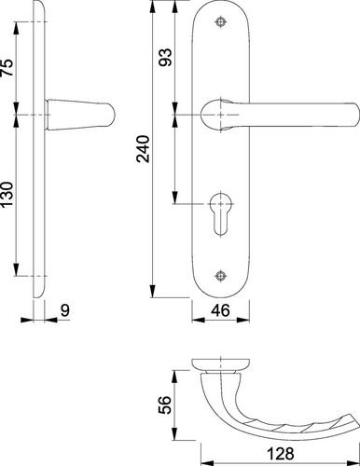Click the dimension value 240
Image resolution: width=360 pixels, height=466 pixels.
[x=144, y=149]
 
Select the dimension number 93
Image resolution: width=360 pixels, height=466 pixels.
[x=165, y=57]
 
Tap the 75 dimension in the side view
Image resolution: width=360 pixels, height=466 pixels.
[x=7, y=68]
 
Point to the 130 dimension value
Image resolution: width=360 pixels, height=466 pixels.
[x=7, y=195]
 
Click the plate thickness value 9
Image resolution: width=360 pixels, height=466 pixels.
[x=65, y=310]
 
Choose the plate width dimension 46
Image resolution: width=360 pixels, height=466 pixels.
[x=220, y=310]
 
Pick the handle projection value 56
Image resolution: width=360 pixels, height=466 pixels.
[x=165, y=404]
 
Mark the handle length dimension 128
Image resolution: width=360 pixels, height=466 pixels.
[x=281, y=454]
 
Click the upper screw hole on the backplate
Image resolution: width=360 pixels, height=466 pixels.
[x=220, y=21]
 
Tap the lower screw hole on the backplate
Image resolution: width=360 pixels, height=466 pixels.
[x=220, y=276]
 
